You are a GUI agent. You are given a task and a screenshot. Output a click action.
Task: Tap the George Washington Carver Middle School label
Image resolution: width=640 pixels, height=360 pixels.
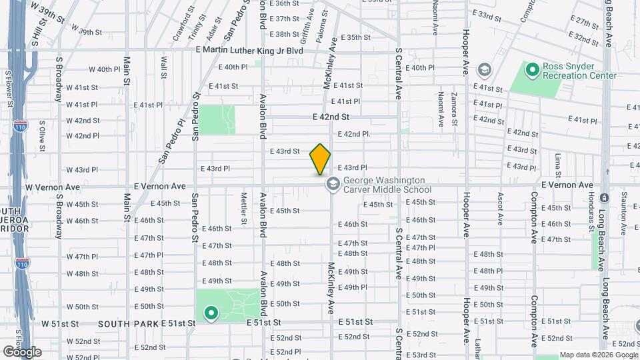pyautogui.click(x=383, y=185)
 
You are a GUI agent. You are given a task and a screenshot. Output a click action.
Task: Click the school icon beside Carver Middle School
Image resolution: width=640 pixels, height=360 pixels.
pyautogui.click(x=331, y=185)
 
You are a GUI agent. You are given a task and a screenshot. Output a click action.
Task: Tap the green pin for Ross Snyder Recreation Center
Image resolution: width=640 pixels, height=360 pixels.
pyautogui.click(x=532, y=69)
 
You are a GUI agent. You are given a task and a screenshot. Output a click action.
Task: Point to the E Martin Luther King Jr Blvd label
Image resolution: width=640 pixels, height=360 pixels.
pyautogui.click(x=249, y=50)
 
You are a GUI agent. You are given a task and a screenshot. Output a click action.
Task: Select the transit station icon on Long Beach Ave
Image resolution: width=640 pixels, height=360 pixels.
pyautogui.click(x=603, y=199)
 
